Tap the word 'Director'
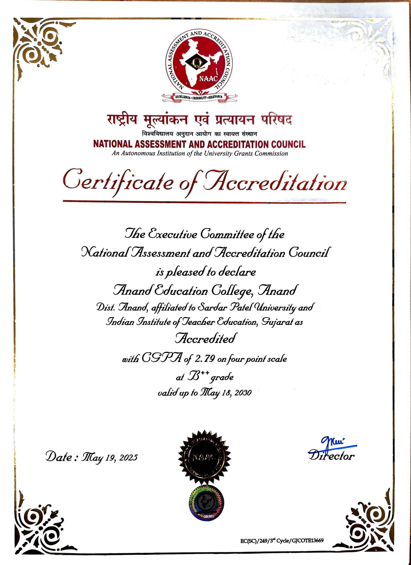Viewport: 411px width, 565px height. coord(332,456)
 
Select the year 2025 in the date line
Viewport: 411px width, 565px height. coord(129,457)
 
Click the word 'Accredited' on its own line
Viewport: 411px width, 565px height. coord(206,338)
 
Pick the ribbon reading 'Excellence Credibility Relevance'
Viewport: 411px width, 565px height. coord(199,97)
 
